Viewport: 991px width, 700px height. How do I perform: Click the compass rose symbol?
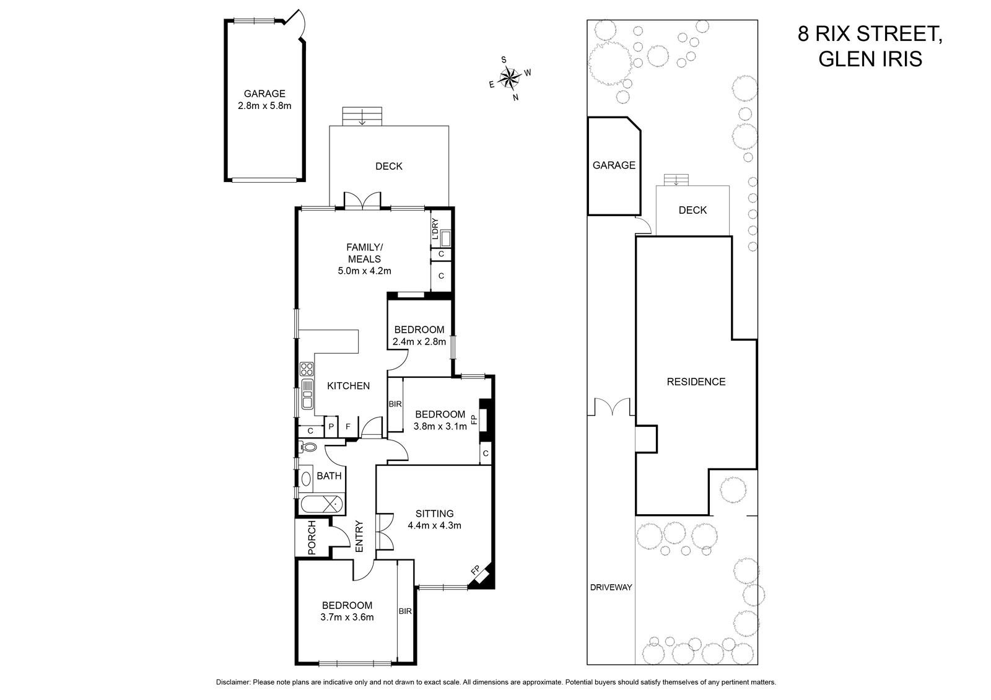510,78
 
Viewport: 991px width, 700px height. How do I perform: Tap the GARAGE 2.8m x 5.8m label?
264,100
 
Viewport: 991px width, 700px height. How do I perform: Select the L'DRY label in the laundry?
435,229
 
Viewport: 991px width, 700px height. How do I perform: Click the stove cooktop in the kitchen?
307,369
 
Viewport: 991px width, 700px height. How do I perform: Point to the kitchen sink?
307,393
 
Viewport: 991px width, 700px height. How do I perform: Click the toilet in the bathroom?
308,447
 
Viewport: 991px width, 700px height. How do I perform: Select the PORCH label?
312,538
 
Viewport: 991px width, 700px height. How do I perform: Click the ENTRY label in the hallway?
359,536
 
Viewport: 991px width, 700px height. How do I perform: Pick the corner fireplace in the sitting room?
481,577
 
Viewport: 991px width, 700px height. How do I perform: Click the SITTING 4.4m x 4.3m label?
434,520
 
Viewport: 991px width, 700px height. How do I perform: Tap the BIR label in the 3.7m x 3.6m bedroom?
405,611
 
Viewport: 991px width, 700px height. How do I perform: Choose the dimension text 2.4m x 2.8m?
419,341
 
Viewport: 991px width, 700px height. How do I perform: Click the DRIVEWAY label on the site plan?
611,587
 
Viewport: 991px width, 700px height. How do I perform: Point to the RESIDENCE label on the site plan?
696,382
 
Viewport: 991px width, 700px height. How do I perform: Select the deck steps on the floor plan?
362,116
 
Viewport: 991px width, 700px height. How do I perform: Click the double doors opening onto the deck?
362,200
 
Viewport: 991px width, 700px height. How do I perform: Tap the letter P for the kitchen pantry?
331,427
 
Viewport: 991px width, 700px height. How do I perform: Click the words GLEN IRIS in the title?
870,58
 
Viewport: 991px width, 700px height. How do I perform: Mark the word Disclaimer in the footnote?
233,682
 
